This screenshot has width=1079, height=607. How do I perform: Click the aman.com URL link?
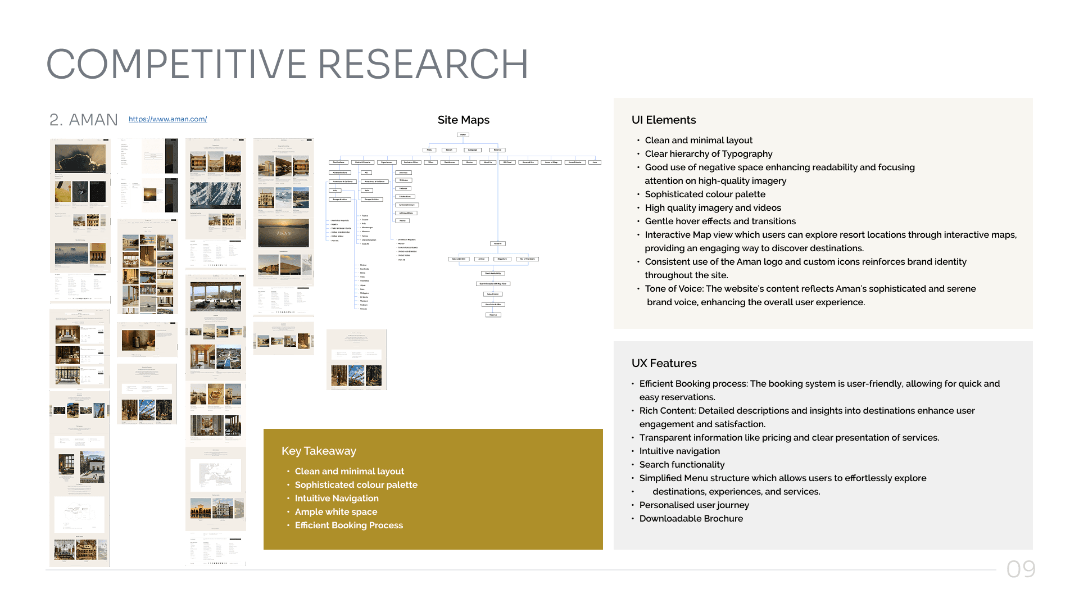(x=167, y=119)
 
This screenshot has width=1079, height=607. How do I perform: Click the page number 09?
(x=1021, y=569)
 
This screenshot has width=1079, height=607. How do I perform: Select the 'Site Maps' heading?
(x=463, y=120)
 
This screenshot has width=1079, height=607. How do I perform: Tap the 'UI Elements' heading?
(x=663, y=120)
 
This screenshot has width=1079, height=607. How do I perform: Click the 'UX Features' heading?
(x=664, y=363)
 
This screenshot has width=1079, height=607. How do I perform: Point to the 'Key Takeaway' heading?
(x=319, y=451)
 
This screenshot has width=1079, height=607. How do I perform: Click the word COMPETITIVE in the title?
(x=176, y=64)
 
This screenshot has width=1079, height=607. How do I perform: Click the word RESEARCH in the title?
(x=423, y=64)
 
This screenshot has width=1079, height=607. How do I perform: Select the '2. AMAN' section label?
(x=84, y=120)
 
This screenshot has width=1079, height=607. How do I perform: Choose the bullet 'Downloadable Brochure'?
(x=691, y=518)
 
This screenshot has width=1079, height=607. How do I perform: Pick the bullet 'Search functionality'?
(x=682, y=464)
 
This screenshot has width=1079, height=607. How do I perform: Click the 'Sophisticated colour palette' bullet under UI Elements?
(x=705, y=194)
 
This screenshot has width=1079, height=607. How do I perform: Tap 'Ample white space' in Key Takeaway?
(x=336, y=511)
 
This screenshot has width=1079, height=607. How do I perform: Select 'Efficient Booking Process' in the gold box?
(x=348, y=525)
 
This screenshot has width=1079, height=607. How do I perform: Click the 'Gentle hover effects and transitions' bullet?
(x=720, y=221)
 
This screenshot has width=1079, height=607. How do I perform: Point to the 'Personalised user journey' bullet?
(x=694, y=505)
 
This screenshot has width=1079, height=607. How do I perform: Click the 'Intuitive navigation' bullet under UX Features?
(x=679, y=451)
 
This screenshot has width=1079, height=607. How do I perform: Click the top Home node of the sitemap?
(x=463, y=135)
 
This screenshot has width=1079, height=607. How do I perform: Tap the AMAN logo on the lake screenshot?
(x=284, y=233)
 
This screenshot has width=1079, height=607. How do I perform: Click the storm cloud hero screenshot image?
(x=80, y=158)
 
